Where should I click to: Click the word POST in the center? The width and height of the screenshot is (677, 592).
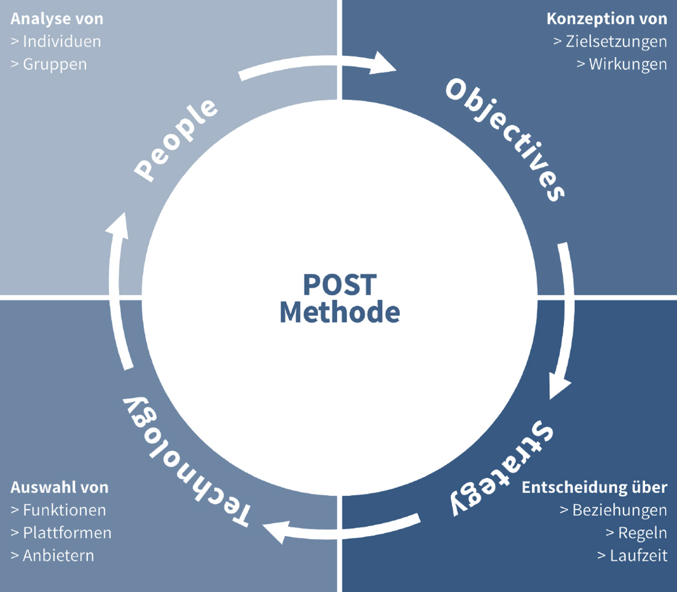[x=339, y=285]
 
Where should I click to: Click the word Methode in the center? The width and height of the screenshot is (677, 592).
[x=339, y=312]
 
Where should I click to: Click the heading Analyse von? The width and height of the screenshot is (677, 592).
[x=57, y=19]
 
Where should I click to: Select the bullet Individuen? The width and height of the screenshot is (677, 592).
[x=56, y=42]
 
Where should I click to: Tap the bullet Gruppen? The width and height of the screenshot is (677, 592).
[x=49, y=64]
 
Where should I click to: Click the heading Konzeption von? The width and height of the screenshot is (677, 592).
[x=606, y=19]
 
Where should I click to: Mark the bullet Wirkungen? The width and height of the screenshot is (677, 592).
[x=621, y=64]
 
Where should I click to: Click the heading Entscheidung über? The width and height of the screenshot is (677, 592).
[x=594, y=488]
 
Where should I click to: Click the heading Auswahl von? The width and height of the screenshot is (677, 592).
[x=60, y=488]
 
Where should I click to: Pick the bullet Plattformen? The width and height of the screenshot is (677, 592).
[x=61, y=532]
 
